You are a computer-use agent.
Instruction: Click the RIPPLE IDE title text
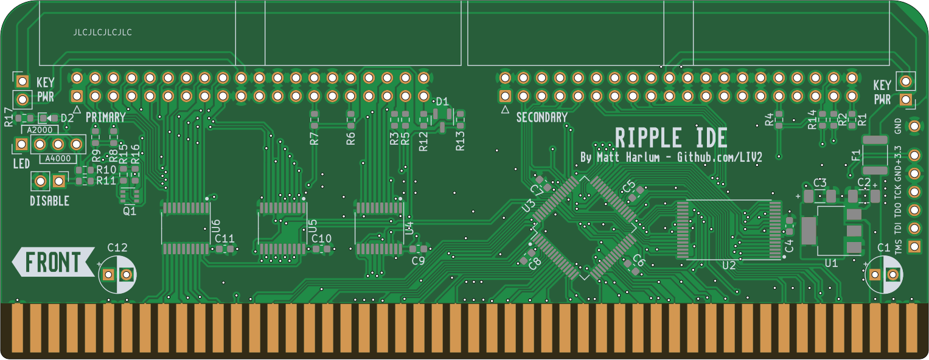click(x=671, y=138)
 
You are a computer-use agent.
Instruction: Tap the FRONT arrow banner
click(x=54, y=262)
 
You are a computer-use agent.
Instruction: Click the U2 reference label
click(x=729, y=266)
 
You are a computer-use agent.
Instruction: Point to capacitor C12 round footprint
click(x=117, y=274)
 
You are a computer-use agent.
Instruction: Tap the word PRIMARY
click(x=105, y=117)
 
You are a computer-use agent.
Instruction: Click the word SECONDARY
click(x=541, y=117)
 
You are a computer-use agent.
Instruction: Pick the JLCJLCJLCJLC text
click(x=102, y=32)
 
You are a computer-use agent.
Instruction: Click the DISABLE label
click(x=49, y=201)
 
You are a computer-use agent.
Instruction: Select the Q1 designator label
click(x=130, y=211)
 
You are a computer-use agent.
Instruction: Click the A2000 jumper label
click(x=40, y=130)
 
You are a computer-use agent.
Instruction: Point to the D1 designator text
click(x=442, y=102)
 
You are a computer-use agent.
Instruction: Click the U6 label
click(x=215, y=226)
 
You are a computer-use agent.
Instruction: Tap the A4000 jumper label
click(x=58, y=159)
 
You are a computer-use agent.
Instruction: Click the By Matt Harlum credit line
click(x=671, y=157)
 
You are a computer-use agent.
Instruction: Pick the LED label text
click(x=21, y=164)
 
